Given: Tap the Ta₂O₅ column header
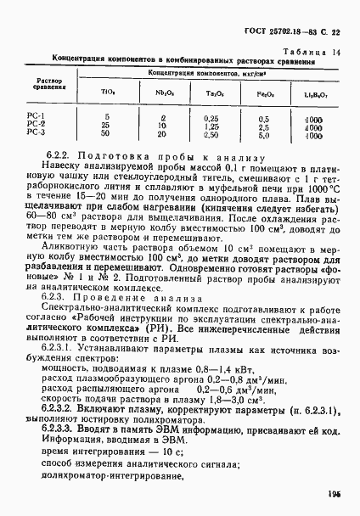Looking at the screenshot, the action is (213, 94).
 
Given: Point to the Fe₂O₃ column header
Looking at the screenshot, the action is (264, 94).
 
